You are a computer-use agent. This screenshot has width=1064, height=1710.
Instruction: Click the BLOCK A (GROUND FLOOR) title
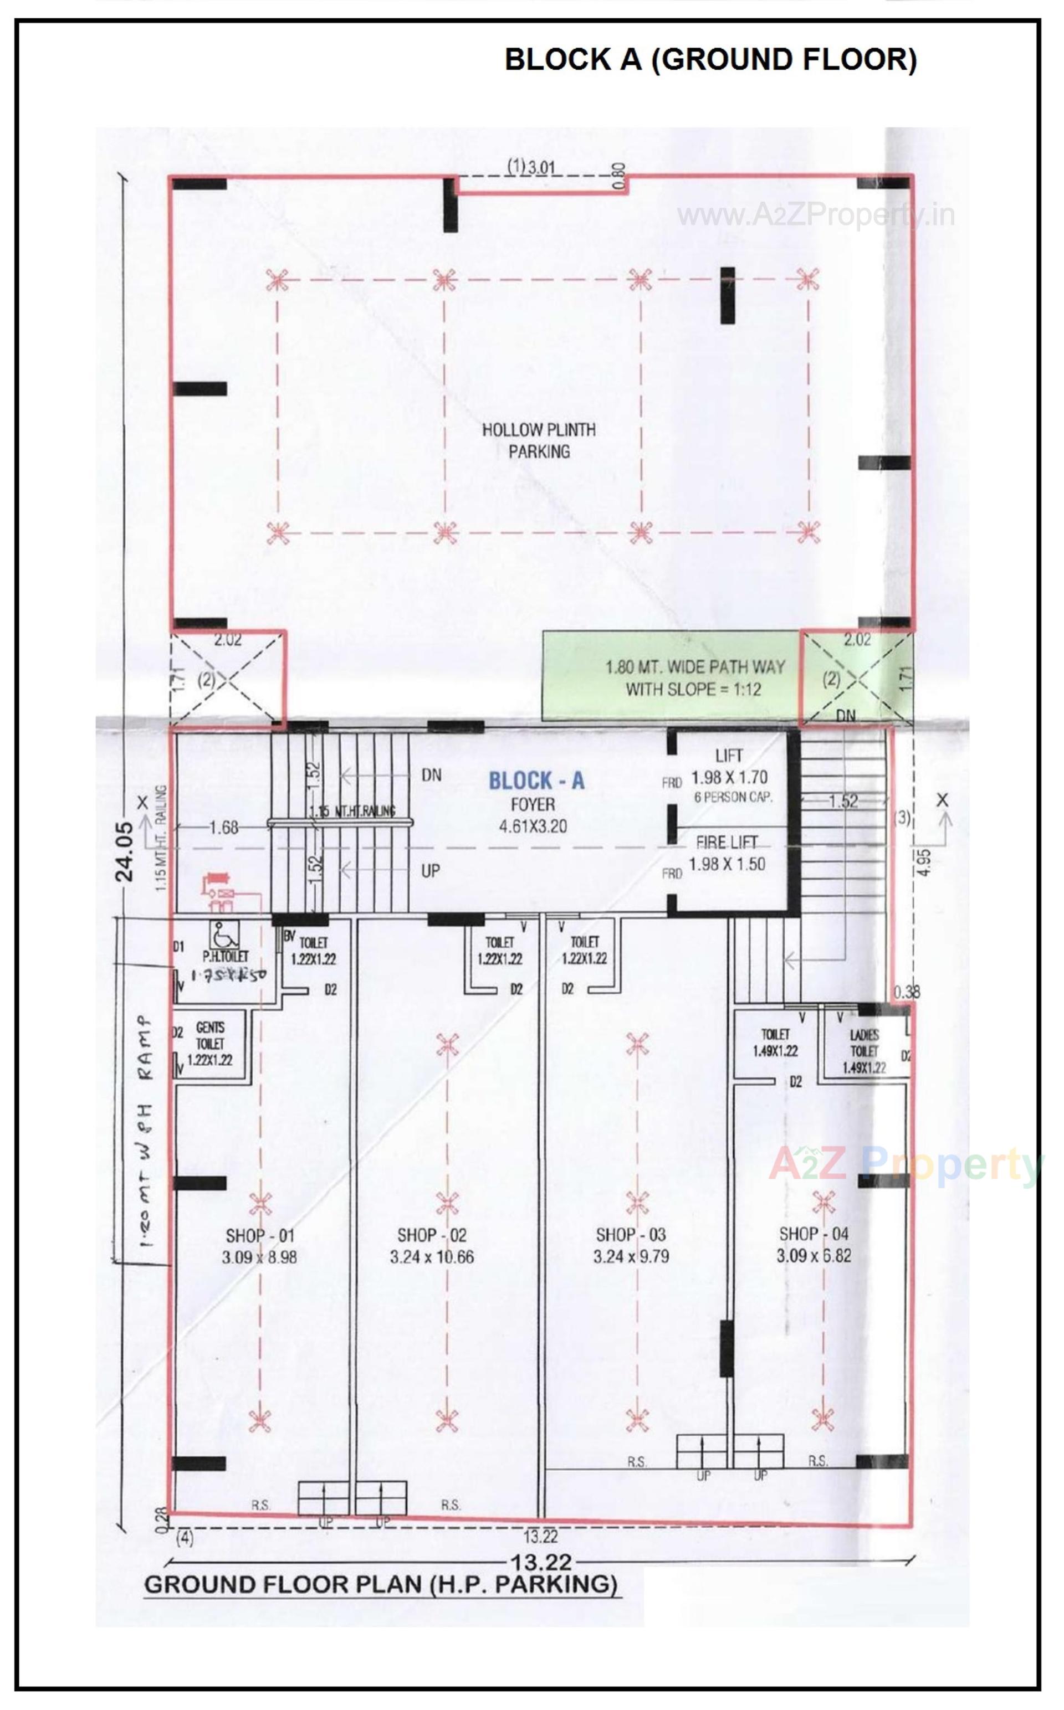click(711, 60)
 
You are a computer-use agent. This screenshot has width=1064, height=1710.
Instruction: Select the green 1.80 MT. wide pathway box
click(672, 677)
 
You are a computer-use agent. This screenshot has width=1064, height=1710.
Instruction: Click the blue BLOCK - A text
click(536, 781)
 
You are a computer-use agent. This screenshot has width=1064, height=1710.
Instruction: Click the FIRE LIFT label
click(727, 843)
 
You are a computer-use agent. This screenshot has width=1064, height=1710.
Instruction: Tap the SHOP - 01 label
click(260, 1236)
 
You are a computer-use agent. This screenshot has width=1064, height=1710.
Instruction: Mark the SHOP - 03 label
click(631, 1235)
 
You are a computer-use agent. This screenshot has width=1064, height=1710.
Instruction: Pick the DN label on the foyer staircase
click(431, 775)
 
